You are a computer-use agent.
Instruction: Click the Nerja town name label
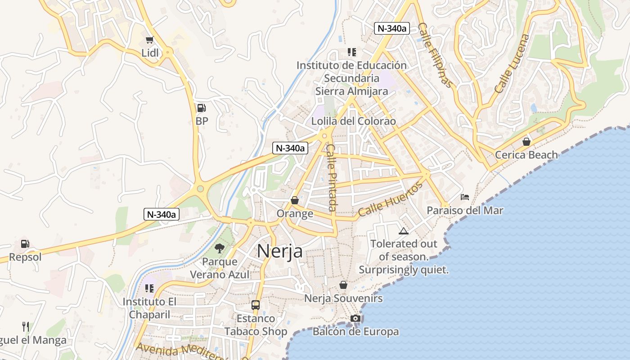click(x=279, y=252)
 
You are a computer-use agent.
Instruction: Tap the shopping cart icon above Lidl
click(x=150, y=40)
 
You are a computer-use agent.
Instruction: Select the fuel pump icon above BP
click(x=201, y=108)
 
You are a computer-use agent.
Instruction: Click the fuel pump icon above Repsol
click(x=25, y=244)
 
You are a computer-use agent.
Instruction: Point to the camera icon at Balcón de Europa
click(x=355, y=319)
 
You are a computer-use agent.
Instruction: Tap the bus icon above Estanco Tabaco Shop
click(x=256, y=305)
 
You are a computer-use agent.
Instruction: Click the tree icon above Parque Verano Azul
click(x=220, y=248)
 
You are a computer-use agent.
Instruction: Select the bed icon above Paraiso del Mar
click(x=465, y=197)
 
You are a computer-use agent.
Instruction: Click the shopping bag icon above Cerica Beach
click(x=526, y=142)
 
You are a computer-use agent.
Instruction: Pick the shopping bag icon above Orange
click(x=295, y=200)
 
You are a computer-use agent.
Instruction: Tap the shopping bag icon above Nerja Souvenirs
click(x=343, y=285)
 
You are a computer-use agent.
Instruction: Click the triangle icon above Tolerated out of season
click(x=403, y=231)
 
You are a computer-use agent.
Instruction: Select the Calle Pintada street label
click(x=332, y=177)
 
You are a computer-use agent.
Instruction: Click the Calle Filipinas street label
click(x=435, y=55)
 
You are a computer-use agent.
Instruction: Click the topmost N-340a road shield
click(x=391, y=28)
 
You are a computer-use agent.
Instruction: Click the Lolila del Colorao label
click(x=354, y=121)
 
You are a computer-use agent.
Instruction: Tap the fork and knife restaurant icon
click(x=26, y=326)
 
